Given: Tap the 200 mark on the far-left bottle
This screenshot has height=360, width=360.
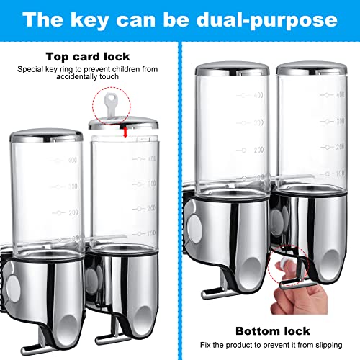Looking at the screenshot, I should pyautogui.click(x=73, y=212).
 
